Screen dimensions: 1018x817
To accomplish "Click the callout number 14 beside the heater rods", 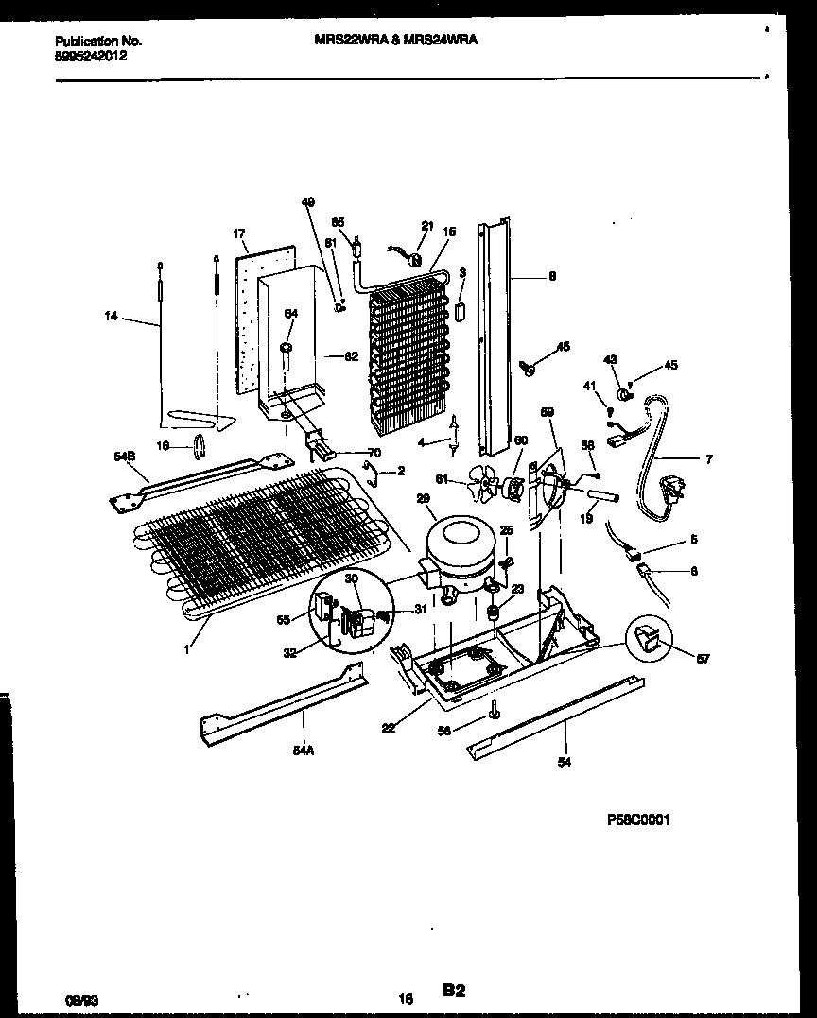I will (x=113, y=319).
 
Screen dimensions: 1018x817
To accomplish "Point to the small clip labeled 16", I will (x=200, y=444).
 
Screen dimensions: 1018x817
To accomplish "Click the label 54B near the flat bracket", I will (x=125, y=457).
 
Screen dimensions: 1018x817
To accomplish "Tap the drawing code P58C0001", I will (x=637, y=820).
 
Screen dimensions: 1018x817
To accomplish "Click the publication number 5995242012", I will (x=92, y=56).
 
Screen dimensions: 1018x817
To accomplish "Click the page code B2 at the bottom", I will (x=453, y=990).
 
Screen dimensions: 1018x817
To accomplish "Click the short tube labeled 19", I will (x=602, y=495).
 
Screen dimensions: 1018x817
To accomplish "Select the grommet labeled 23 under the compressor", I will (x=493, y=613).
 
